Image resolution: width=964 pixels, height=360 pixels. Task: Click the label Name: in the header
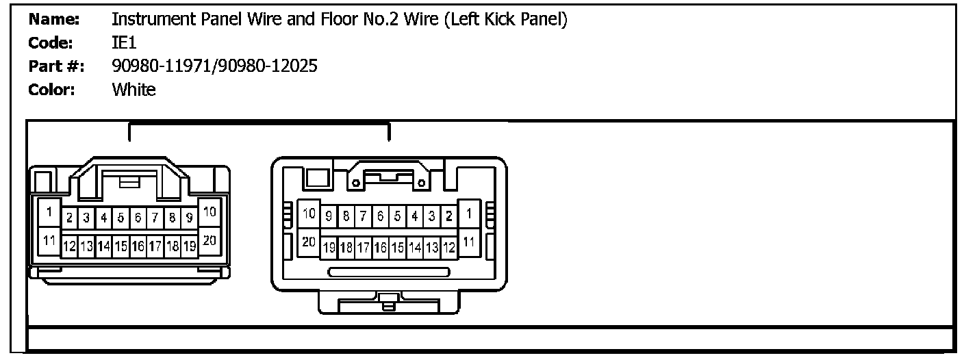(54, 20)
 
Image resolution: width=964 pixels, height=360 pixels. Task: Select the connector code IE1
(124, 43)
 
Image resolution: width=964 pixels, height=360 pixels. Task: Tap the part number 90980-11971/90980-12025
(214, 66)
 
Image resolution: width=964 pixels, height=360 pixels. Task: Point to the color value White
(134, 90)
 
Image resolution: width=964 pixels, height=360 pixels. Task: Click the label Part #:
(57, 66)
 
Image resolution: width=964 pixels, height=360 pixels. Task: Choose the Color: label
(51, 90)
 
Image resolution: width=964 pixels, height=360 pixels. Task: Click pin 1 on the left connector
(49, 213)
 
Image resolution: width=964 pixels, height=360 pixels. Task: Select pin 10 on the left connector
(210, 213)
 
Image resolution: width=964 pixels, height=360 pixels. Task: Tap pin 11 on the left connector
(49, 240)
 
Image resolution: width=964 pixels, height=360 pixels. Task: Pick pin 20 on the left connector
(210, 240)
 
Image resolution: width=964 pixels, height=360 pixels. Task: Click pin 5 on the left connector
(120, 218)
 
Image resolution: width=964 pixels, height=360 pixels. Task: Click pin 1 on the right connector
(468, 214)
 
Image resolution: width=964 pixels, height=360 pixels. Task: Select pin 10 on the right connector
(309, 214)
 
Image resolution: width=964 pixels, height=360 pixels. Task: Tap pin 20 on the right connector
(309, 242)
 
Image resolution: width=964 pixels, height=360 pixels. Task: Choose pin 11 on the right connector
(468, 242)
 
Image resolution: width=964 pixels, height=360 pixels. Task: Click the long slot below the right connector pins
(388, 272)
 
